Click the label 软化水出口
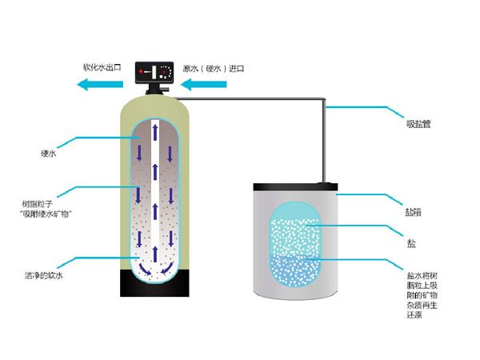102,68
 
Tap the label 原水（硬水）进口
214,69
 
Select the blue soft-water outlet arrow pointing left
100,84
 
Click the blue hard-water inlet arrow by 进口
203,85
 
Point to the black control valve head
154,73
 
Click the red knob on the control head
142,72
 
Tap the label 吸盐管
418,124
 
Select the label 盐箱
414,212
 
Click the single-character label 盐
411,244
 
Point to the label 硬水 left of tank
49,154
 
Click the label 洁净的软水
44,275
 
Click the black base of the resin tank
154,283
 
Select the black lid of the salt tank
295,186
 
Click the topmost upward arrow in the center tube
155,132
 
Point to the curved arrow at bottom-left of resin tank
145,269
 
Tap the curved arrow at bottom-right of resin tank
167,268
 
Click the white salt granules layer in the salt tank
295,237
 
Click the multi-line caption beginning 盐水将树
422,295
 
